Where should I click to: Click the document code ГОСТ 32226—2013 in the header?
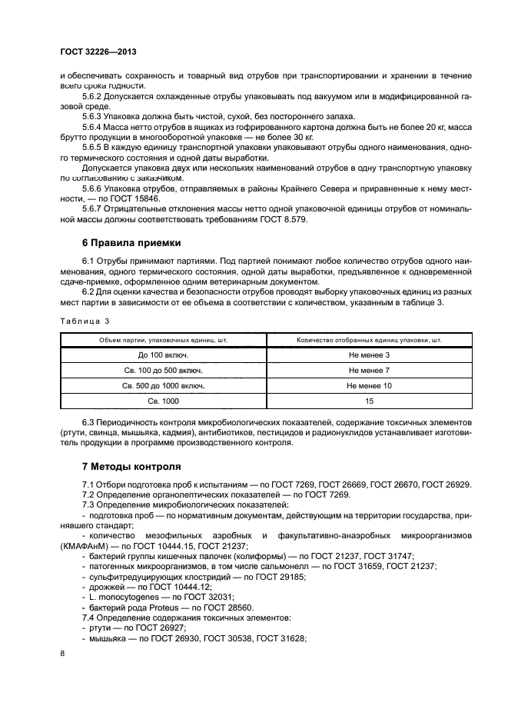coord(98,52)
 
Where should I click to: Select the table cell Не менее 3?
coord(369,355)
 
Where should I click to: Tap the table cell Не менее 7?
coord(369,370)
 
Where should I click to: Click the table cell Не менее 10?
coord(369,385)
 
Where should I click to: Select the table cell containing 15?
coord(369,401)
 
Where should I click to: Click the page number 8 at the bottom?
coord(62,653)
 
